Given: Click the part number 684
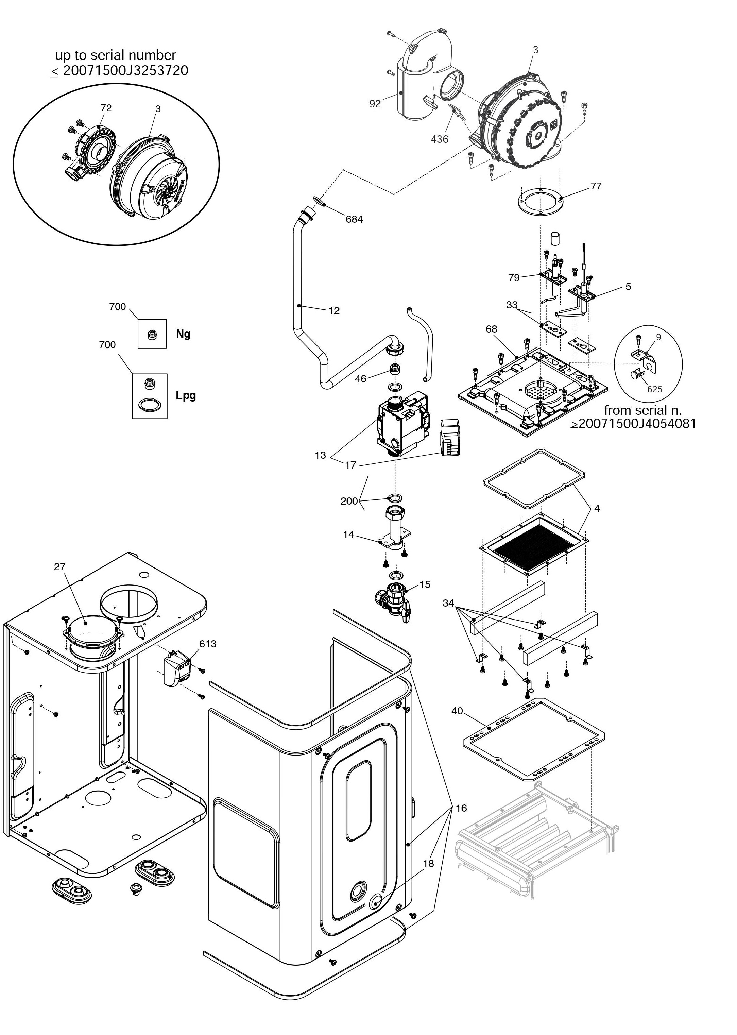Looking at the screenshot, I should coord(354,219).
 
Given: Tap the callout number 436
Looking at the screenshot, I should coord(439,139).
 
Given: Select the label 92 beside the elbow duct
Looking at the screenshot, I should coord(375,104).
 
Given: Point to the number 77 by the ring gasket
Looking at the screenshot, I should coord(596,186).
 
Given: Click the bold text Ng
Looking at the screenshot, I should coord(183,334).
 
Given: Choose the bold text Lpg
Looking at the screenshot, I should coord(186,395).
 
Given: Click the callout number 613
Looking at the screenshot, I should coord(208,644).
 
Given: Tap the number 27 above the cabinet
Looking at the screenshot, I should coord(60,567).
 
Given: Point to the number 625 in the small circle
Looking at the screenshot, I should coord(654,389).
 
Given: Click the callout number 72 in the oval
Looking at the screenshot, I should coord(106,108).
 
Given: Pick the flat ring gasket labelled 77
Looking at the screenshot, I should coord(541,202).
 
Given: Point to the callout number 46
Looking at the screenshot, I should coord(360,378).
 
